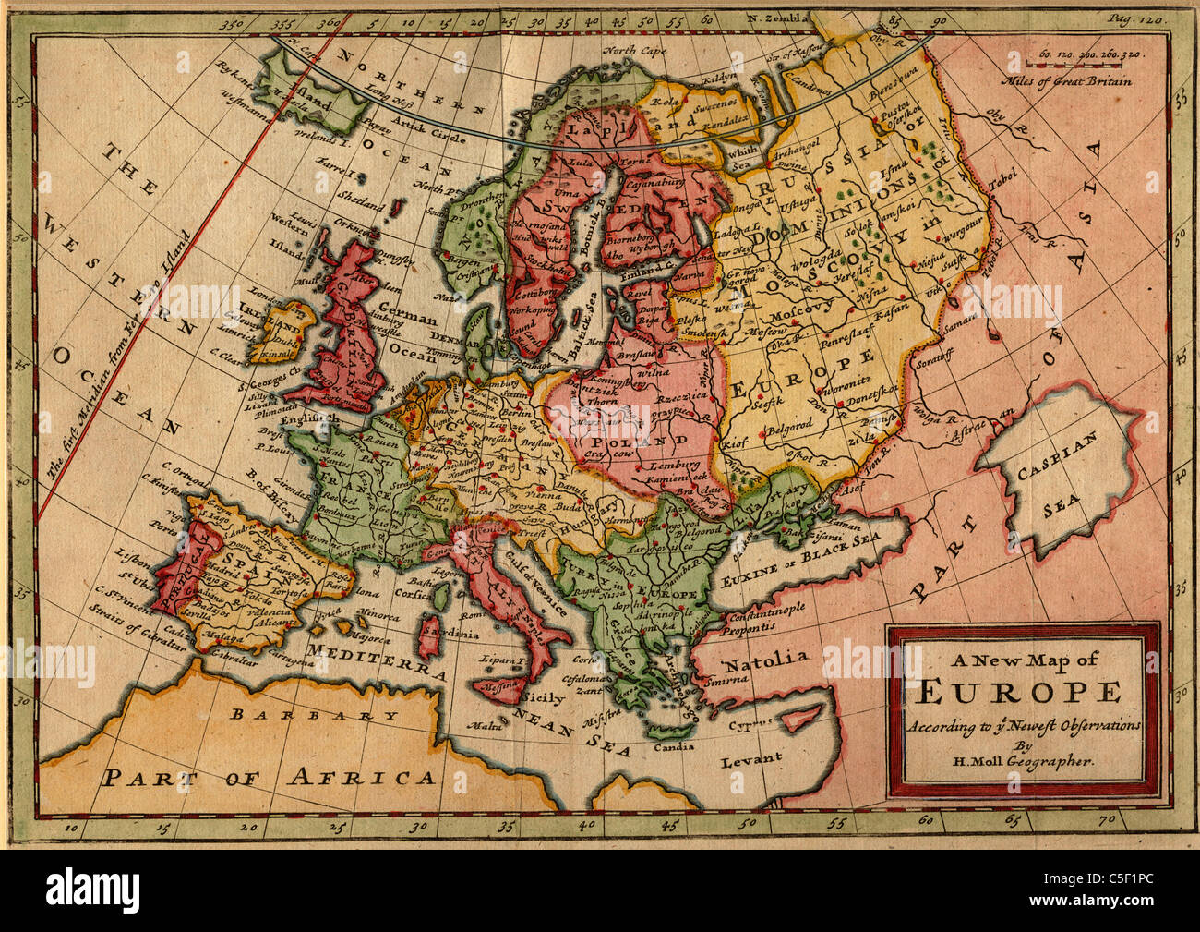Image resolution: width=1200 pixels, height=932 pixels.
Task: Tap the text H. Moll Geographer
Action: (x=1022, y=762)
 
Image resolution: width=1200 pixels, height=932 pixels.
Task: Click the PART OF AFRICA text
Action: (x=269, y=776)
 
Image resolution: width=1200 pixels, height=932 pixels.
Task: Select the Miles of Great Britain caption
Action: (x=1071, y=79)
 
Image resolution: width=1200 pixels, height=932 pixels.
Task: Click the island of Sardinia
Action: (x=429, y=638)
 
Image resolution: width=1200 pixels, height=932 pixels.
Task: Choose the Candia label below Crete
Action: (x=672, y=747)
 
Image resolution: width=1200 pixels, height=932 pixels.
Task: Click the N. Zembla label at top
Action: (x=780, y=17)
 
